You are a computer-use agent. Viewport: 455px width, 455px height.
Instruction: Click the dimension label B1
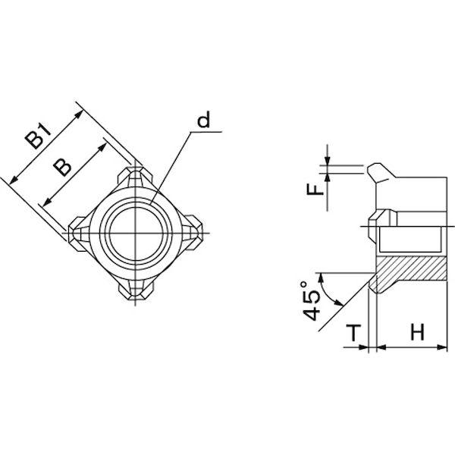(38, 136)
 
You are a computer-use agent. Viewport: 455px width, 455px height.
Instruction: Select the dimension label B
(62, 167)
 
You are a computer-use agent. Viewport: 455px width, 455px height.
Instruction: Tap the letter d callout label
(204, 119)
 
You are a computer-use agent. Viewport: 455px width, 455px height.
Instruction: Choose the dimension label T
(353, 333)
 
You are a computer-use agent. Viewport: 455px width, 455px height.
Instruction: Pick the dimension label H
(418, 332)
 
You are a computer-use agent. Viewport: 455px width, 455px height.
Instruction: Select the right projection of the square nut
(193, 233)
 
